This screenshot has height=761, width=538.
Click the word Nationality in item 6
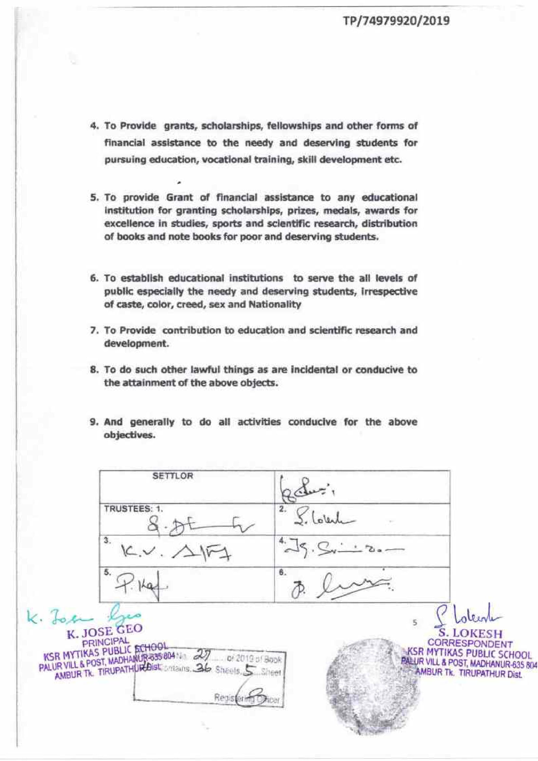pos(275,305)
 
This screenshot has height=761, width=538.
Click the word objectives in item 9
pos(129,435)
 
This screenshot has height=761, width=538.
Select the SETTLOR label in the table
pos(172,476)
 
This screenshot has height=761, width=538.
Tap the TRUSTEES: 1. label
pos(133,509)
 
